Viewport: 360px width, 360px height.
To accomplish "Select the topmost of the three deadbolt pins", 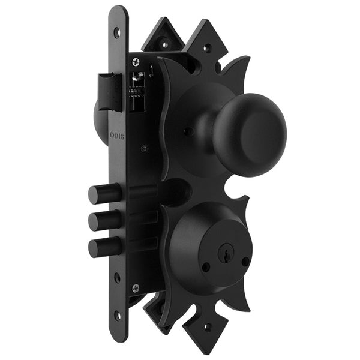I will point(98,195).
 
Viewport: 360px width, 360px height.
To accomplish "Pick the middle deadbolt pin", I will point(98,220).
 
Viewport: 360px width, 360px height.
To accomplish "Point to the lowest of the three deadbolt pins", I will point(98,246).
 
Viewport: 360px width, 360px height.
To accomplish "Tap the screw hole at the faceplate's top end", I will point(116,32).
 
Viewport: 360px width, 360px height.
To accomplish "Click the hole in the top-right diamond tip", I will point(208,46).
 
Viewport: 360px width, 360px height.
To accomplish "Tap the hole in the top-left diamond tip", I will point(164,43).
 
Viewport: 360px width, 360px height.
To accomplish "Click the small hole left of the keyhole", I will point(206,267).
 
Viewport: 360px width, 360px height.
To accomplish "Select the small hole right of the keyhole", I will point(245,261).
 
